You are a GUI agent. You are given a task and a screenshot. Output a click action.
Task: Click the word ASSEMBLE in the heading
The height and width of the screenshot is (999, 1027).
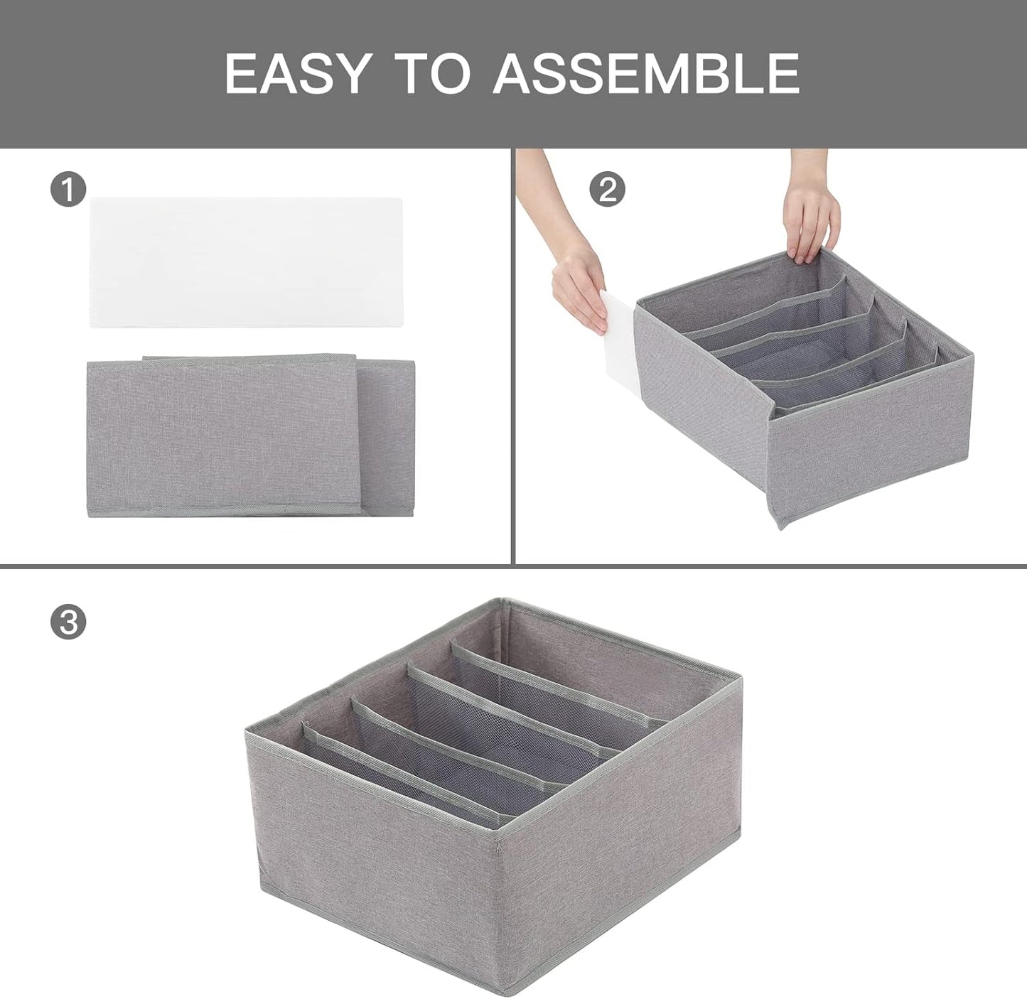pos(647,73)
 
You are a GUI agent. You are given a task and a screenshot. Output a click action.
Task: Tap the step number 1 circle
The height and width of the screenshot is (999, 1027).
pos(68,190)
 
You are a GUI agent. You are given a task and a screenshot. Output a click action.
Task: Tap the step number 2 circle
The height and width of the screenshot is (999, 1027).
pos(608,190)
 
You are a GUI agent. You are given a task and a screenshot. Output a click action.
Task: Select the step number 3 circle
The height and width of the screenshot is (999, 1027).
pos(68,622)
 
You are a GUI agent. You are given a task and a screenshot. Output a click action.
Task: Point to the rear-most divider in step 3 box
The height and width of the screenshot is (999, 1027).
pos(561,682)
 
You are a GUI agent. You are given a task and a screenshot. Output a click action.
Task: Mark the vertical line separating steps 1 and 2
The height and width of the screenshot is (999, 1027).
pos(512,355)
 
